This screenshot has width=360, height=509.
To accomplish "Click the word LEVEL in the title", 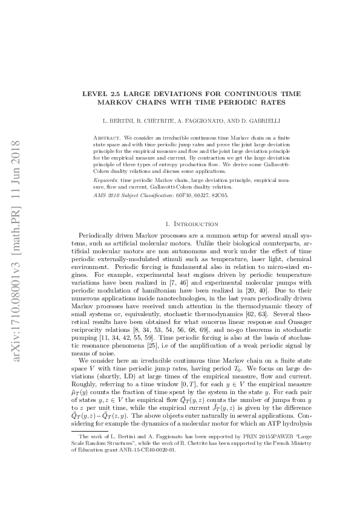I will point(94,94).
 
